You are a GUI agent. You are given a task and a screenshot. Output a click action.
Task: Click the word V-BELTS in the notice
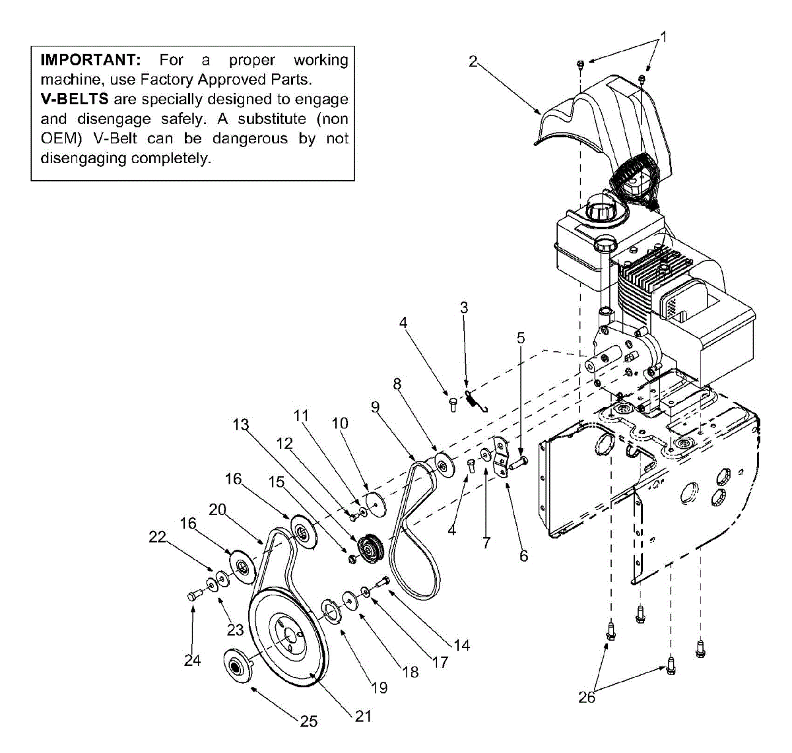pos(74,100)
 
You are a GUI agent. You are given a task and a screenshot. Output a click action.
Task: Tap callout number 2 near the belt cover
pos(473,61)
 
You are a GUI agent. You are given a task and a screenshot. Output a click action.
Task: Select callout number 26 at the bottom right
pos(587,697)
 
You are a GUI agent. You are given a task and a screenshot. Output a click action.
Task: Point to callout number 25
pos(309,721)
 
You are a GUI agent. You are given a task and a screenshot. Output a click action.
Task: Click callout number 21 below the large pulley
pos(363,716)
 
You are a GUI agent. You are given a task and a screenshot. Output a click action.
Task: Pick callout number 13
pos(241,424)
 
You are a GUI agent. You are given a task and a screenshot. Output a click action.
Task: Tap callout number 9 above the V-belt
pos(376,407)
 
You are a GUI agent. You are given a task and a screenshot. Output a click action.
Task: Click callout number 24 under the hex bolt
pos(192,660)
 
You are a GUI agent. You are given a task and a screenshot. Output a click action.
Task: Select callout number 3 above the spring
pos(464,308)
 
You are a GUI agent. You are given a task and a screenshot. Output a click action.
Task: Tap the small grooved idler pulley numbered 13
pos(368,548)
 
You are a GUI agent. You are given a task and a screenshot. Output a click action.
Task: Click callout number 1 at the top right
pos(664,38)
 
